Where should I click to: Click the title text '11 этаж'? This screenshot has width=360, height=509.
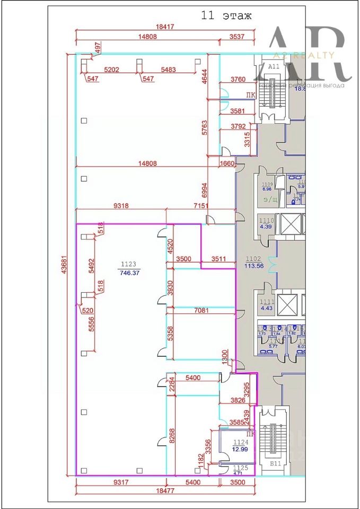226,16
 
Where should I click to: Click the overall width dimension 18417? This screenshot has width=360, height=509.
165,27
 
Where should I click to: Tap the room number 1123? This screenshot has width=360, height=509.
128,264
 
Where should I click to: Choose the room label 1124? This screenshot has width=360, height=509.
241,441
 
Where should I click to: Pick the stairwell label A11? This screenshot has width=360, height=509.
274,67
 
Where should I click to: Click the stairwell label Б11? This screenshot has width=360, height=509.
275,463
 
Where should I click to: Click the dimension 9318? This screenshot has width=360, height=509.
121,205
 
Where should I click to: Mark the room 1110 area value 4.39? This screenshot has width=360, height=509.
265,227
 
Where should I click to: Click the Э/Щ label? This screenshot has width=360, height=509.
270,199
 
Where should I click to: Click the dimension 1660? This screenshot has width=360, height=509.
227,164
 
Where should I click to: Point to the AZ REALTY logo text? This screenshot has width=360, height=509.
303,55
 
